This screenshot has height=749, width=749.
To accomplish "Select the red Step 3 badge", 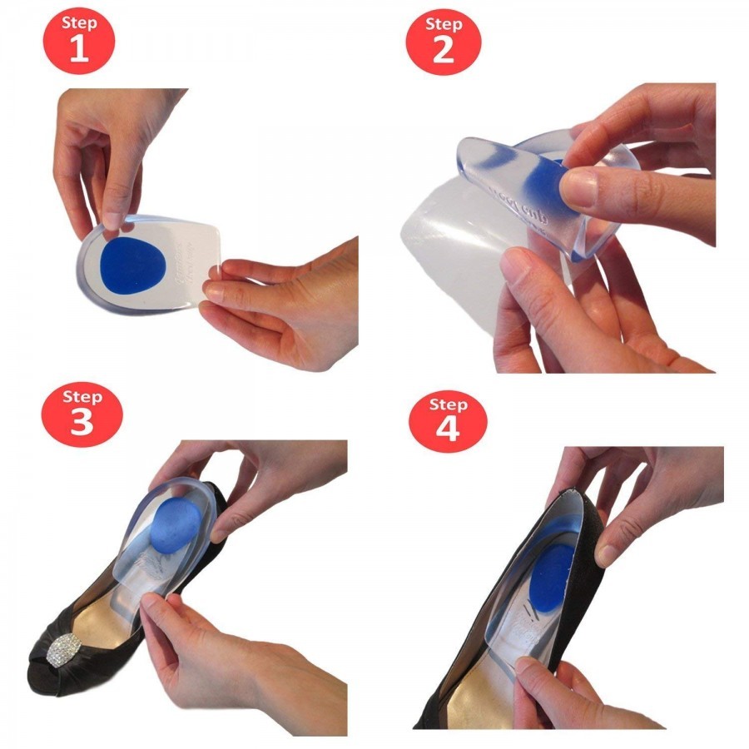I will click(82, 413).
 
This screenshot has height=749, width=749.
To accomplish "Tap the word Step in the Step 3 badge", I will click(82, 396).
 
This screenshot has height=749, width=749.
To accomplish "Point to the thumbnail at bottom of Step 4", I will click(525, 666).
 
